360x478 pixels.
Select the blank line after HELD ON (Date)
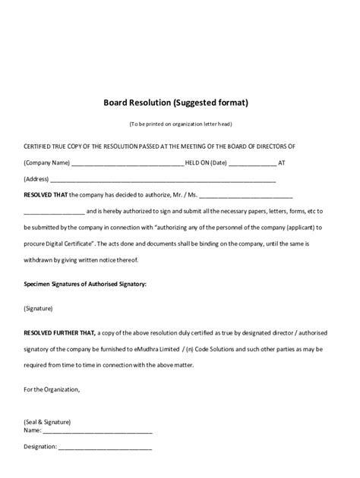[x=252, y=164]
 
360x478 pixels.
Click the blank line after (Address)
[x=163, y=181]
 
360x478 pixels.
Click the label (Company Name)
[x=46, y=163]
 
